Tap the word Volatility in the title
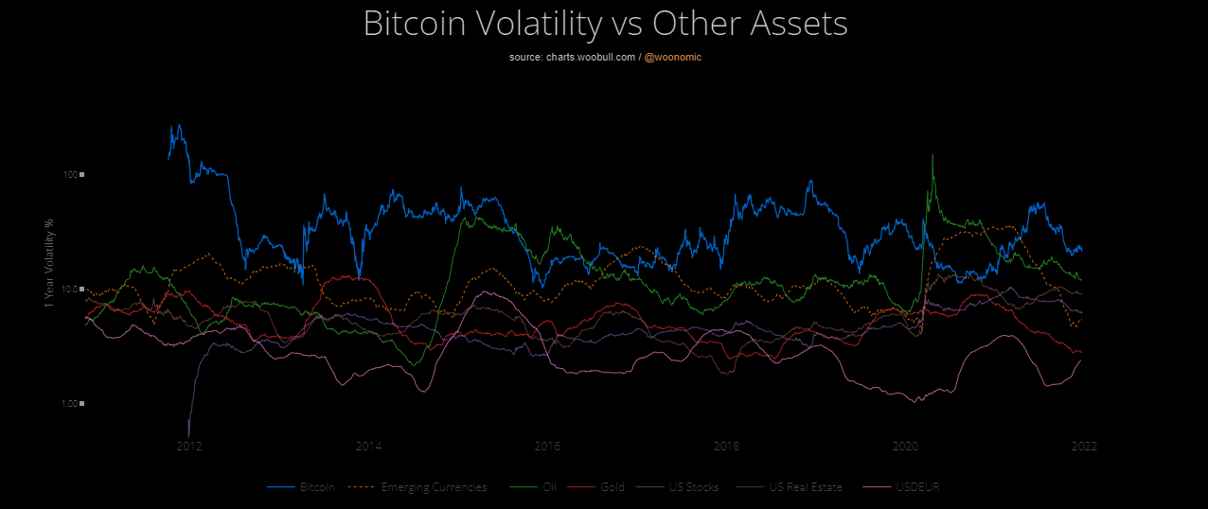[x=549, y=25]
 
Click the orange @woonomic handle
[x=673, y=58]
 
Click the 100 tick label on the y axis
[x=70, y=175]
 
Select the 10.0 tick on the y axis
[x=69, y=290]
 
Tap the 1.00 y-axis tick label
[x=69, y=404]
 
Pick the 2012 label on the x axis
[x=189, y=446]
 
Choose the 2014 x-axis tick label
[x=368, y=446]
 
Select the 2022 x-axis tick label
[x=1084, y=446]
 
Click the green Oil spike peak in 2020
[x=933, y=155]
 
